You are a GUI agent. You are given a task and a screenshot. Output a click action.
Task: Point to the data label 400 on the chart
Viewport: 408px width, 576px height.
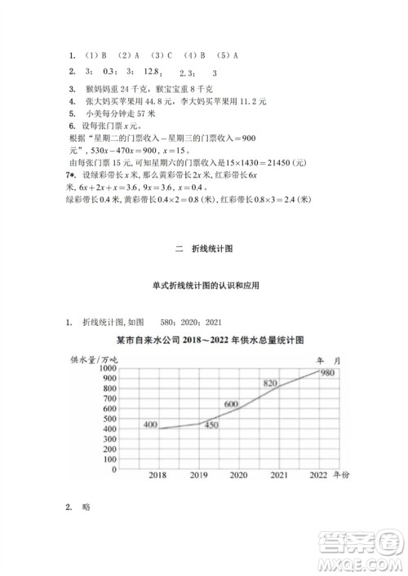pyautogui.click(x=151, y=424)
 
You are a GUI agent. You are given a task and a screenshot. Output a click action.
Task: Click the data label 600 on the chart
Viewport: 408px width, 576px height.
pyautogui.click(x=231, y=404)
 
